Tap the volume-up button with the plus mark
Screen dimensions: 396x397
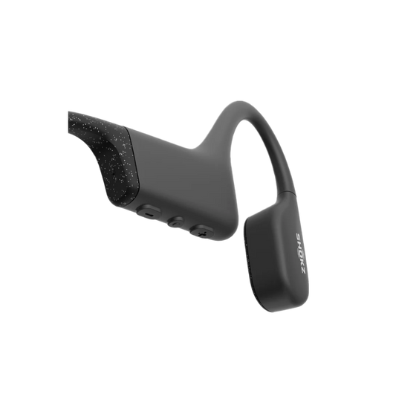pos(202,231)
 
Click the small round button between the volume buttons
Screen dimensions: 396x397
pos(176,222)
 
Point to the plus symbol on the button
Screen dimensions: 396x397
pos(202,233)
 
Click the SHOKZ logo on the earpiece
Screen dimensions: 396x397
pos(300,254)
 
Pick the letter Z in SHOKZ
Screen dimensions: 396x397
pos(303,271)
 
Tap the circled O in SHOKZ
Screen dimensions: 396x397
pos(300,253)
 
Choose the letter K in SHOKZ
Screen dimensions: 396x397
pos(302,262)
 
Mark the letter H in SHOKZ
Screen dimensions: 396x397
pos(299,244)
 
